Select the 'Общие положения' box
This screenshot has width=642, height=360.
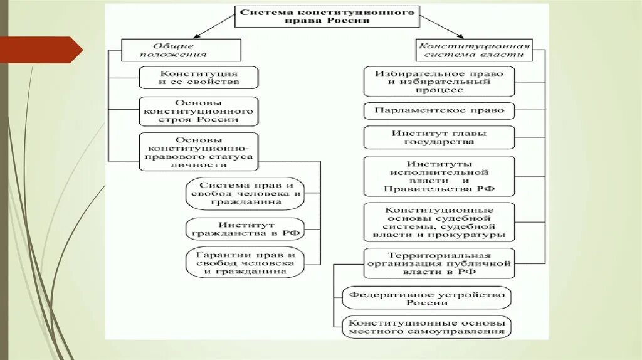181,50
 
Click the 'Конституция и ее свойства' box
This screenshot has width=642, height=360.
198,78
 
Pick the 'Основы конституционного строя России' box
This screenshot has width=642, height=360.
198,110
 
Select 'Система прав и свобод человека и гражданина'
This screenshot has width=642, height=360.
245,194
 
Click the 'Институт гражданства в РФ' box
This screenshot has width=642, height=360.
245,229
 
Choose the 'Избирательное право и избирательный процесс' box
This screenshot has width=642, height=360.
439,82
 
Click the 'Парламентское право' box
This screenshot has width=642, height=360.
439,110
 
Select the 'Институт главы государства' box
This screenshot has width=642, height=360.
439,137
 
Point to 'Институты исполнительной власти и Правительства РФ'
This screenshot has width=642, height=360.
439,176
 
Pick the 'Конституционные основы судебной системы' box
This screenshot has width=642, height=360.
439,222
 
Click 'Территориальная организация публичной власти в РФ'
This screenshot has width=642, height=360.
439,264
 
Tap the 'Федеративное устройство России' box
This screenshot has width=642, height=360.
426,298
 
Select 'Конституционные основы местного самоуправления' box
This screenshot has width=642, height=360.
426,326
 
